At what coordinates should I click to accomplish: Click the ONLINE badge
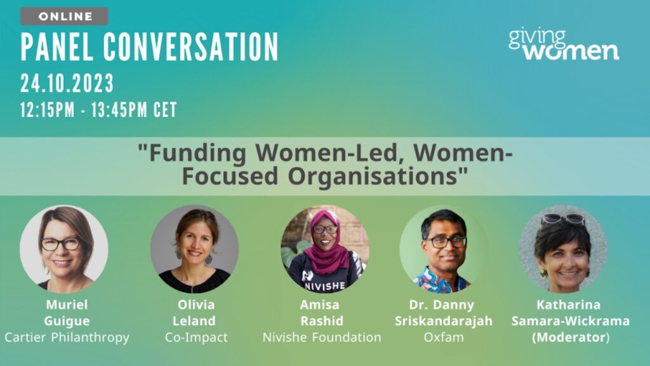tap(64, 16)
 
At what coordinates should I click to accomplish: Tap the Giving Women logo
tap(564, 45)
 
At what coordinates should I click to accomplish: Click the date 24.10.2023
tap(67, 83)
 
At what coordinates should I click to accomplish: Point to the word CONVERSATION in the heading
tap(191, 47)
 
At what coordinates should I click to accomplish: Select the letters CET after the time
tap(165, 110)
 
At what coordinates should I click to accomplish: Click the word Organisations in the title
tap(378, 177)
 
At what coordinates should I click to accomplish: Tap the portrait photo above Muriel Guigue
tap(64, 249)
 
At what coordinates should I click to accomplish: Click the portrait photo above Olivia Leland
tap(194, 249)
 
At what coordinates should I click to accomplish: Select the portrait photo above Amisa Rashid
tap(325, 249)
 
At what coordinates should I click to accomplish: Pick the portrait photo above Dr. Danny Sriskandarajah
tap(444, 249)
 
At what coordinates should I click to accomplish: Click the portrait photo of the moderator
tap(563, 249)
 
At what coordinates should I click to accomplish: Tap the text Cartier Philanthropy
tap(67, 337)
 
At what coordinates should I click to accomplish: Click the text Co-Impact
tap(196, 337)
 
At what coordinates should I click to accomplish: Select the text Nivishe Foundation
tap(322, 337)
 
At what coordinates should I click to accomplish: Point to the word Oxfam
tap(444, 337)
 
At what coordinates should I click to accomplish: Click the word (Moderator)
tap(571, 337)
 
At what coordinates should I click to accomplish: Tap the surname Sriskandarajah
tap(444, 321)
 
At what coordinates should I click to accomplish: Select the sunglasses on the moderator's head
tap(563, 219)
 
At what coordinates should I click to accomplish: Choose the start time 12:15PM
tap(48, 110)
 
